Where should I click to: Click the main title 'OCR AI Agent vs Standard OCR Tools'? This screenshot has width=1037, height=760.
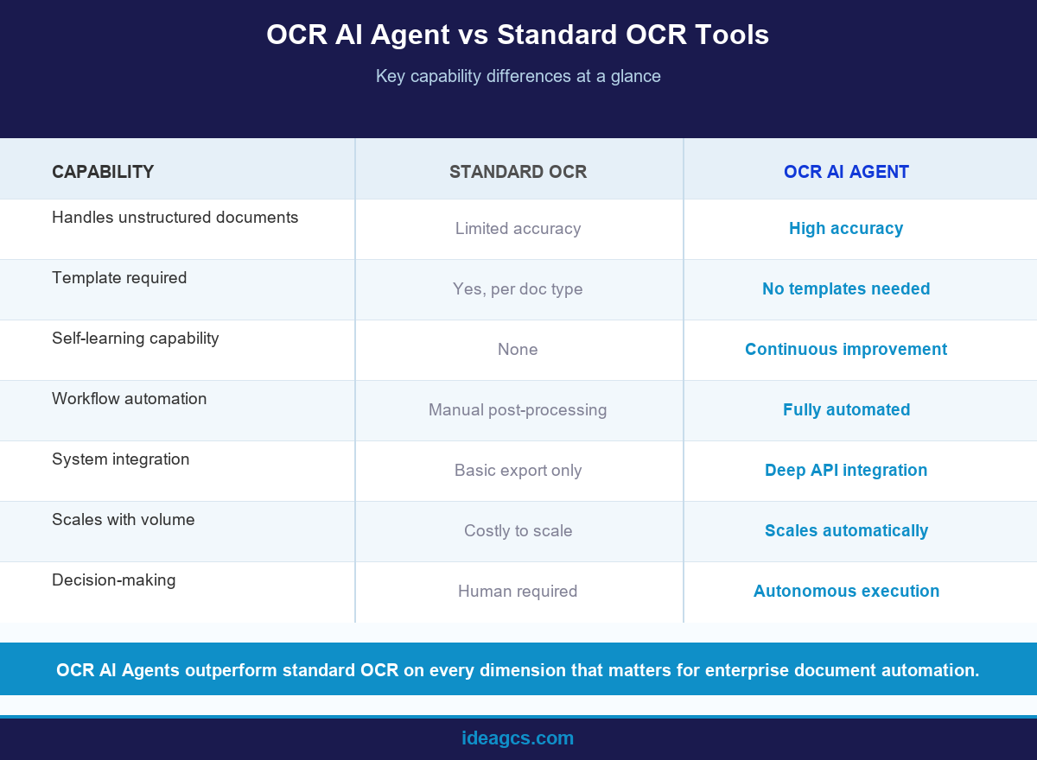pos(518,35)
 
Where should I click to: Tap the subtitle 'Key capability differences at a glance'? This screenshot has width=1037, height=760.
pos(518,76)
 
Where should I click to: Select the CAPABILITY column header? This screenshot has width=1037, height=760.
pos(103,172)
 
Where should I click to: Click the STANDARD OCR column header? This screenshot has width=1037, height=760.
pos(518,172)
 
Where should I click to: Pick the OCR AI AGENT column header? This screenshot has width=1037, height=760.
pos(846,172)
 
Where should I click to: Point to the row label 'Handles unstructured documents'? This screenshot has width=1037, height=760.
pos(175,218)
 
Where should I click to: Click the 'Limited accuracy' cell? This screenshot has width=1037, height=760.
pos(518,229)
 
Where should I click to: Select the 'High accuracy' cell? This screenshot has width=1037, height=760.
pos(846,229)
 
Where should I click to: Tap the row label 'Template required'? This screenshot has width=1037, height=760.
pos(119,278)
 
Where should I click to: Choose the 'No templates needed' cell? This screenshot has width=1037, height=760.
pos(846,289)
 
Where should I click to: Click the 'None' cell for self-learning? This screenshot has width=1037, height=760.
pos(518,350)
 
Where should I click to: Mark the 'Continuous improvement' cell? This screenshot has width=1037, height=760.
pos(846,350)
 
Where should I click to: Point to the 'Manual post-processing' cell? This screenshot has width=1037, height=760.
pos(518,410)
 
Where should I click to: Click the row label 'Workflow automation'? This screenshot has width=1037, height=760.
pos(130,399)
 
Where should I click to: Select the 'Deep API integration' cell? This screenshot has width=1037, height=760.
pos(846,471)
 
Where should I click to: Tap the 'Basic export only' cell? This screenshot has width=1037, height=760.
pos(518,471)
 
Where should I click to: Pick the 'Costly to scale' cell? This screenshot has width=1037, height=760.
pos(518,531)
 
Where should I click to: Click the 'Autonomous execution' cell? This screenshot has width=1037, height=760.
pos(846,592)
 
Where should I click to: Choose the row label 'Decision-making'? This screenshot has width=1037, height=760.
pos(114,580)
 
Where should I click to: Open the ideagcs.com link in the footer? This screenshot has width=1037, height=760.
pos(518,738)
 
